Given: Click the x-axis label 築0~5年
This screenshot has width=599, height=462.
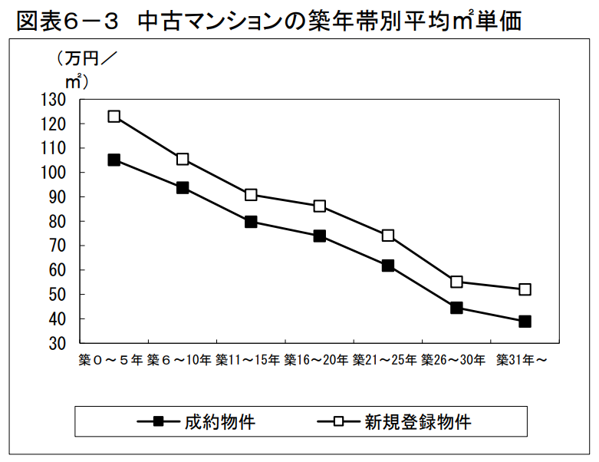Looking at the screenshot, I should point(111,359).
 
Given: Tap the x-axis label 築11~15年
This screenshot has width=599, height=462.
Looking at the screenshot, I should point(249,359).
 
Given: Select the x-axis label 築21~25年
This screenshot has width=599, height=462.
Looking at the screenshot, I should point(387,359).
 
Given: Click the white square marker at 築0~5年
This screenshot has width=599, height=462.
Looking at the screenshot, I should point(114,117).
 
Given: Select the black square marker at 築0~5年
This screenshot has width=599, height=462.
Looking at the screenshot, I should point(114,160).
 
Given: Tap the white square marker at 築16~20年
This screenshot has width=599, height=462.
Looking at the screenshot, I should point(320,206).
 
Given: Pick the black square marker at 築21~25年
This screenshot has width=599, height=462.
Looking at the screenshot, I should point(388,266).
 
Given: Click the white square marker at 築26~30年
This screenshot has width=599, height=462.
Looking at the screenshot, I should point(456,282).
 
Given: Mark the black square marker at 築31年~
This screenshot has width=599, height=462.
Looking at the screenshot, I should point(525,322).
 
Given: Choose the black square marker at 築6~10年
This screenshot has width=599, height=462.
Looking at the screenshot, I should point(183,187).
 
